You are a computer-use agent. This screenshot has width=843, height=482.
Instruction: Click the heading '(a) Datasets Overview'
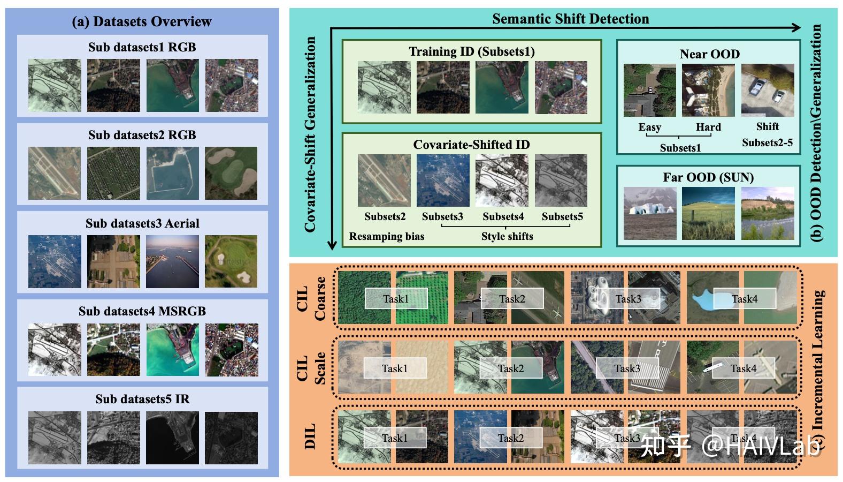pos(142,21)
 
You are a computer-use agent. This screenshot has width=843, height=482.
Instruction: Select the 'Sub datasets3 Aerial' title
pos(142,223)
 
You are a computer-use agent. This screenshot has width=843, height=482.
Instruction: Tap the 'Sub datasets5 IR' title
pos(142,399)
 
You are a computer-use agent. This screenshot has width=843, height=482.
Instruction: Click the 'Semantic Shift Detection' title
pos(570,19)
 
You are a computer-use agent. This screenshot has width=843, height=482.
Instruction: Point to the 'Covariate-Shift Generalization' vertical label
pos(310,134)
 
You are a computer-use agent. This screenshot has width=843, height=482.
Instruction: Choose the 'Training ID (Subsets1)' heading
pos(471,51)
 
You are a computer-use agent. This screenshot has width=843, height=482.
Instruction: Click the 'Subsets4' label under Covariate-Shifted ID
pos(503,216)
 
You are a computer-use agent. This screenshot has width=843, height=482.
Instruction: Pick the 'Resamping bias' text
pos(386,236)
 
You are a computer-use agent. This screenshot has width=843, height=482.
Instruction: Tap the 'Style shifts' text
pos(507,236)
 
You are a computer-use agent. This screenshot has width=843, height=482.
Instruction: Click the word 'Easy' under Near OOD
pos(649,127)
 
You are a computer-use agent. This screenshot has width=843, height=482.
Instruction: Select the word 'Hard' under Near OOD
pos(708,127)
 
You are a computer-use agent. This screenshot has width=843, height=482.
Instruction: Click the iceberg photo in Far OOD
pos(649,213)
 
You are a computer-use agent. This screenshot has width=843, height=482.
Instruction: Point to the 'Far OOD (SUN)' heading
pos(708,177)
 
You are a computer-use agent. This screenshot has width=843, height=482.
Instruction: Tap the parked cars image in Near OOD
pos(767,91)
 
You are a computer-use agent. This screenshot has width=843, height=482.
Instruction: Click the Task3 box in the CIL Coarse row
pos(628,298)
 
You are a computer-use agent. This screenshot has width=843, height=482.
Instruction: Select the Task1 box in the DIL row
pos(395,438)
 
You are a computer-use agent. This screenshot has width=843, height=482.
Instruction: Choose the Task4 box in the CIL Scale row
pos(744,368)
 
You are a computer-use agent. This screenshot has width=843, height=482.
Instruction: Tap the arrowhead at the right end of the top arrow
pos(796,28)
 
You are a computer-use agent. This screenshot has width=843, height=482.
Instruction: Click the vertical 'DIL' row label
pos(310,436)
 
